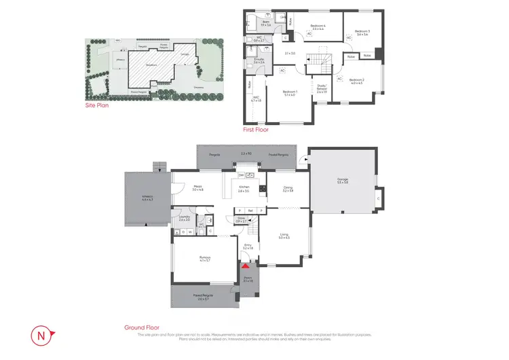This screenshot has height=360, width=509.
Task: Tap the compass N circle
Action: (x=42, y=335)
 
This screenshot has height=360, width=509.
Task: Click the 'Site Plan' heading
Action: (x=96, y=105)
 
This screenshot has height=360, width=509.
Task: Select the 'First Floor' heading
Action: (x=257, y=128)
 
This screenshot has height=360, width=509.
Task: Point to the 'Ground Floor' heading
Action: (x=141, y=327)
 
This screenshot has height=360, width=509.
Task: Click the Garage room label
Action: (x=342, y=180)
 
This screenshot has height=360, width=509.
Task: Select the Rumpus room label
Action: (x=204, y=259)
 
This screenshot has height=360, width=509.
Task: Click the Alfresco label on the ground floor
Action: (x=147, y=198)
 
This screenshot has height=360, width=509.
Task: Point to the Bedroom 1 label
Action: (x=290, y=92)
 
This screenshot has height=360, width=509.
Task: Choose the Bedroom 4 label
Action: (x=318, y=28)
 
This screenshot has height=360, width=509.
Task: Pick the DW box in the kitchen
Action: (x=231, y=175)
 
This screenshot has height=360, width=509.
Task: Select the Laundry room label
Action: (x=184, y=219)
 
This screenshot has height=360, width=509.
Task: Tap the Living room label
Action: (x=284, y=236)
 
